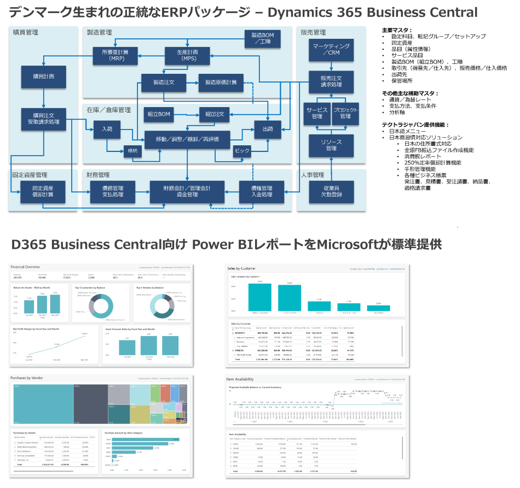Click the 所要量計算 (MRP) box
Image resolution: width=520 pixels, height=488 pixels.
tap(117, 55)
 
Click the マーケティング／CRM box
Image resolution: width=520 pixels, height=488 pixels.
tap(331, 50)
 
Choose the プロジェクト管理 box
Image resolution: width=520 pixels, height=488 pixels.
tap(345, 113)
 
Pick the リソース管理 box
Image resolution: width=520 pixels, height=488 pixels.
tap(331, 145)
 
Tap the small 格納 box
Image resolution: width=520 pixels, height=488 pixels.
tap(134, 151)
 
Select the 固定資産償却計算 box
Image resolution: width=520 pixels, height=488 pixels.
tap(43, 191)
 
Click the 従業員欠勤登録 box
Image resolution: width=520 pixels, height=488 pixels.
tap(331, 191)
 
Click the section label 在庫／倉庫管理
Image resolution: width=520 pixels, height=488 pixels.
tap(108, 110)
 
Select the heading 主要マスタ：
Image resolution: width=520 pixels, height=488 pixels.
tap(397, 30)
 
